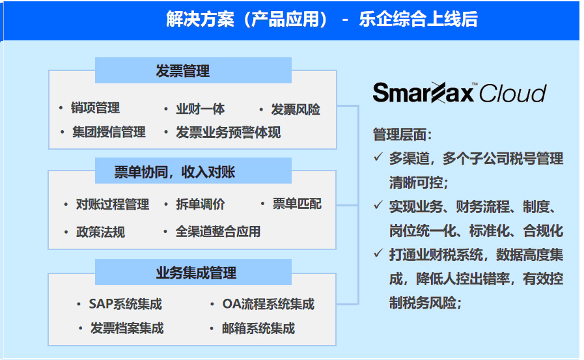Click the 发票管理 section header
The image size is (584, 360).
tap(193, 70)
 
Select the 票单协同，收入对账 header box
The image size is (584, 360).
tap(193, 171)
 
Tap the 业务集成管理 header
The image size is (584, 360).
tap(193, 272)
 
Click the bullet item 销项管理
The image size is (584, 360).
tap(95, 108)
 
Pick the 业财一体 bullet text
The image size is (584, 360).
tap(201, 109)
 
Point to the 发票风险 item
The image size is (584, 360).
tap(296, 109)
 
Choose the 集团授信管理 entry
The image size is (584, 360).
tap(109, 132)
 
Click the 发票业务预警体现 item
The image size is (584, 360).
tap(228, 132)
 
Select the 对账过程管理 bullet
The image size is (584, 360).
tap(113, 204)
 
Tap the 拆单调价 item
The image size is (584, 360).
tap(201, 204)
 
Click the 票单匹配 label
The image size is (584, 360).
tap(297, 204)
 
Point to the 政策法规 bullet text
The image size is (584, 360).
tap(100, 232)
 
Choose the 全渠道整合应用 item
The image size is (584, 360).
tap(218, 232)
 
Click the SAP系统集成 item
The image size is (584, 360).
tap(126, 304)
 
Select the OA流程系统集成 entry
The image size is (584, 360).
tap(268, 304)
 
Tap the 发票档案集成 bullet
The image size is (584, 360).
tap(127, 328)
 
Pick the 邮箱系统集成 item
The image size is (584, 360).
tap(258, 328)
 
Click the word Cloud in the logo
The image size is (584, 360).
tap(513, 93)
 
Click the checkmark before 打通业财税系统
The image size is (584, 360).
tap(378, 253)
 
